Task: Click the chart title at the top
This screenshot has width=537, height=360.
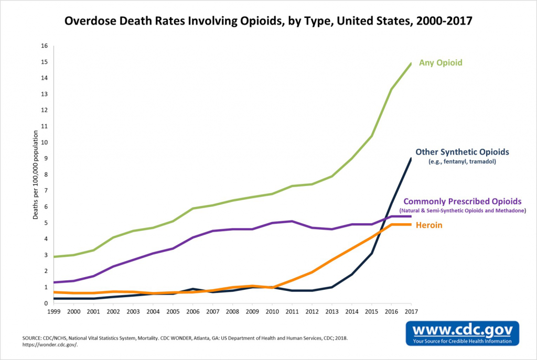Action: tap(268, 21)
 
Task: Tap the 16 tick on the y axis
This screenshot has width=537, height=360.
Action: tap(44, 46)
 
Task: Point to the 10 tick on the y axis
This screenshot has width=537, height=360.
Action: tap(44, 143)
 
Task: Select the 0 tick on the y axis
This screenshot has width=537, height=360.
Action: tap(46, 303)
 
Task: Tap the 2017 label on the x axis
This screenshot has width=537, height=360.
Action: tap(411, 312)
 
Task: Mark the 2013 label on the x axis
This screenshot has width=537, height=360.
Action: tap(331, 312)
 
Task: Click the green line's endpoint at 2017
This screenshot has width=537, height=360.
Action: tap(411, 63)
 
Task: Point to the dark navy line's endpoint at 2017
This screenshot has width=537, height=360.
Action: tap(411, 158)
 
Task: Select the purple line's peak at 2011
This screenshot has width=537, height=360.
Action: tap(291, 221)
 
